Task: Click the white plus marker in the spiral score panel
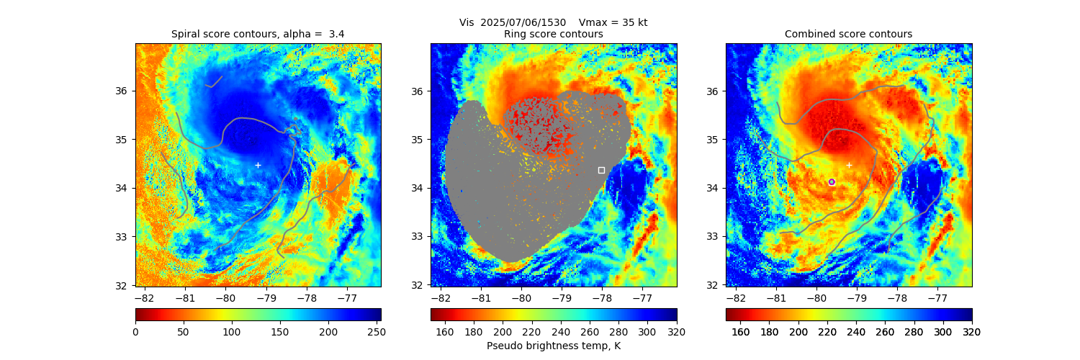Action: click(x=258, y=165)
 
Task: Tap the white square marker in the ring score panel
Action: click(x=601, y=170)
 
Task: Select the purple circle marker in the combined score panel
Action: click(x=832, y=182)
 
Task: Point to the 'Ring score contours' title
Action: click(x=553, y=34)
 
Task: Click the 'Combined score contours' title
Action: click(x=848, y=34)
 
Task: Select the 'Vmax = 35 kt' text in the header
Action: click(x=613, y=22)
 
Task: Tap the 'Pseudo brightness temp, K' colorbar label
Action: click(x=553, y=346)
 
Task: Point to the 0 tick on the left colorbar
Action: click(x=135, y=331)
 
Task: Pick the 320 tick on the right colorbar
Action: click(x=971, y=331)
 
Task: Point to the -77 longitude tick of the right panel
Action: click(x=937, y=297)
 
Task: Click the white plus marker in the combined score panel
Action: click(x=849, y=165)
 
